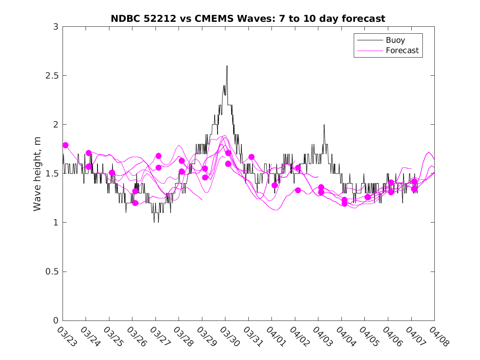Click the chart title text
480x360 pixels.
(x=248, y=19)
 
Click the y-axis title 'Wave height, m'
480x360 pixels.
(x=37, y=173)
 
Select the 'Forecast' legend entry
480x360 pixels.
(x=402, y=51)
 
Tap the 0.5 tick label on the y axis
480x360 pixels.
(x=52, y=272)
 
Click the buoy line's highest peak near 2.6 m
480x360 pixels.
(x=227, y=66)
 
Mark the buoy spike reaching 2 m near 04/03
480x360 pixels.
(x=324, y=125)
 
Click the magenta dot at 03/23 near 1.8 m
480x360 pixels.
(x=65, y=145)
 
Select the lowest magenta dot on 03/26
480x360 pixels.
(x=135, y=203)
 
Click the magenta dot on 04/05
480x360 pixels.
(x=368, y=197)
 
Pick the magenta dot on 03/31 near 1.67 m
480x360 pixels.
(x=251, y=157)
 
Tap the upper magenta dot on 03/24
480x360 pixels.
(x=88, y=153)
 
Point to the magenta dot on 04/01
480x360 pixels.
(x=275, y=185)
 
